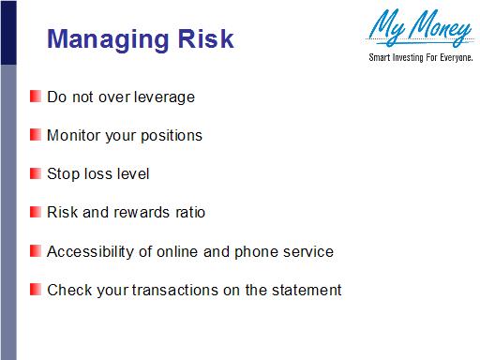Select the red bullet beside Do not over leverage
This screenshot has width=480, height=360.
pyautogui.click(x=35, y=96)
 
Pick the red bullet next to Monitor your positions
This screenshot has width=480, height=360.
pyautogui.click(x=35, y=135)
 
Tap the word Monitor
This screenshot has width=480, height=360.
pyautogui.click(x=72, y=135)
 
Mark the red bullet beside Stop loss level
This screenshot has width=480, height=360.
pyautogui.click(x=35, y=173)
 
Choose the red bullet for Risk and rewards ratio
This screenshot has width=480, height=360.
pyautogui.click(x=35, y=212)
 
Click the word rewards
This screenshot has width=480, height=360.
pyautogui.click(x=141, y=212)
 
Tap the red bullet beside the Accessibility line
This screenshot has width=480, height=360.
pyautogui.click(x=35, y=251)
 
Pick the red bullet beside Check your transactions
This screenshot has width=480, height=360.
pyautogui.click(x=35, y=289)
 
